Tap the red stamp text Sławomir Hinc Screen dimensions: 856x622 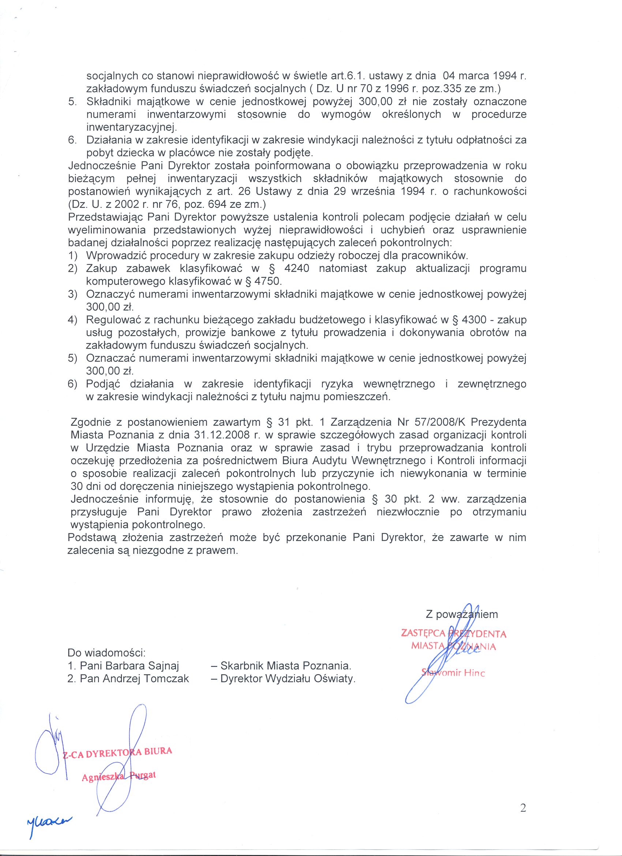[453, 673]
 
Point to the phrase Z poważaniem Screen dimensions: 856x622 [462, 615]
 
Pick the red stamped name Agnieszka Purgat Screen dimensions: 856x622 [119, 776]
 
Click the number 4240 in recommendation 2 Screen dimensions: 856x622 [296, 269]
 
